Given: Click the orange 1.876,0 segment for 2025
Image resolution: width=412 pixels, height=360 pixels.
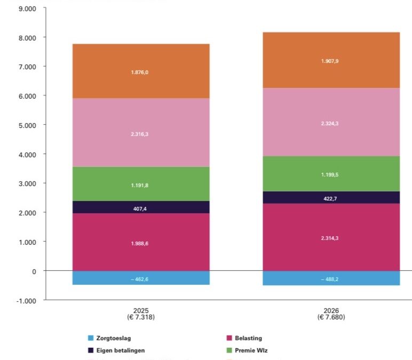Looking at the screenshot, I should pos(141,71).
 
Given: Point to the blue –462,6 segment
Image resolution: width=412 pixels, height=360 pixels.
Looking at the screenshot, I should pos(141,278).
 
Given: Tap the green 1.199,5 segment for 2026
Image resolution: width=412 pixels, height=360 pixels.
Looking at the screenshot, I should pos(331,174).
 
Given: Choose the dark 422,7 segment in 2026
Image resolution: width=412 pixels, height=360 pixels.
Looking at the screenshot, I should pos(331,197).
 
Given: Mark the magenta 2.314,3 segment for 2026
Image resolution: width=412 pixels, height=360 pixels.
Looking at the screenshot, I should pos(331,237).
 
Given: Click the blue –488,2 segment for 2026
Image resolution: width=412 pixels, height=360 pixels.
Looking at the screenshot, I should pos(331,278).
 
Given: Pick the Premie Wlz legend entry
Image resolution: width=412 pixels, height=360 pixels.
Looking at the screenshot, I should pos(247,350).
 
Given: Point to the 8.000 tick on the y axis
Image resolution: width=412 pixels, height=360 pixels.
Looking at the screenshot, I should pos(26,38).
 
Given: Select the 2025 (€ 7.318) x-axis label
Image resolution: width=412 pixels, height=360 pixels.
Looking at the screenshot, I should pos(141,313).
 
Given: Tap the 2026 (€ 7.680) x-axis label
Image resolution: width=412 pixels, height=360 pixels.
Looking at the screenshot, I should pos(331,313).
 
